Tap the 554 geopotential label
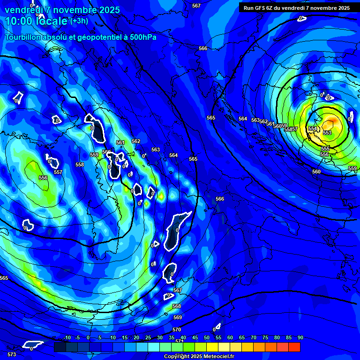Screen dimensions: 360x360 (313, 128)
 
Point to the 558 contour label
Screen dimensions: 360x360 (80, 165)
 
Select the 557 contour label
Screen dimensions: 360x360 (58, 172)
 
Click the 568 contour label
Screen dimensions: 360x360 (177, 306)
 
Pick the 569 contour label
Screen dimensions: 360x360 (177, 317)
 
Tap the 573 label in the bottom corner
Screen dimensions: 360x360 (12, 354)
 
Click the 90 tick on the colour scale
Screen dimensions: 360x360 (300, 337)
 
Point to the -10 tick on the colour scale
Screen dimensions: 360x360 (67, 337)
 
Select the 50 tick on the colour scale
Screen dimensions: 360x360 (207, 337)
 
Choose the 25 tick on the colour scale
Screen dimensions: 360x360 (148, 337)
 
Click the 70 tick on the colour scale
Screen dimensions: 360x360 (254, 337)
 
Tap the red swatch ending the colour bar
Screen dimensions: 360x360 (294, 347)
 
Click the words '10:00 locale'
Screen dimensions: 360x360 (36, 21)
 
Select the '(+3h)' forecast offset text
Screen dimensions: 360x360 (79, 21)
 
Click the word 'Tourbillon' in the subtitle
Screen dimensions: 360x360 (23, 37)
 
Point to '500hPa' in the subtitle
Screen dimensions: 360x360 (142, 37)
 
